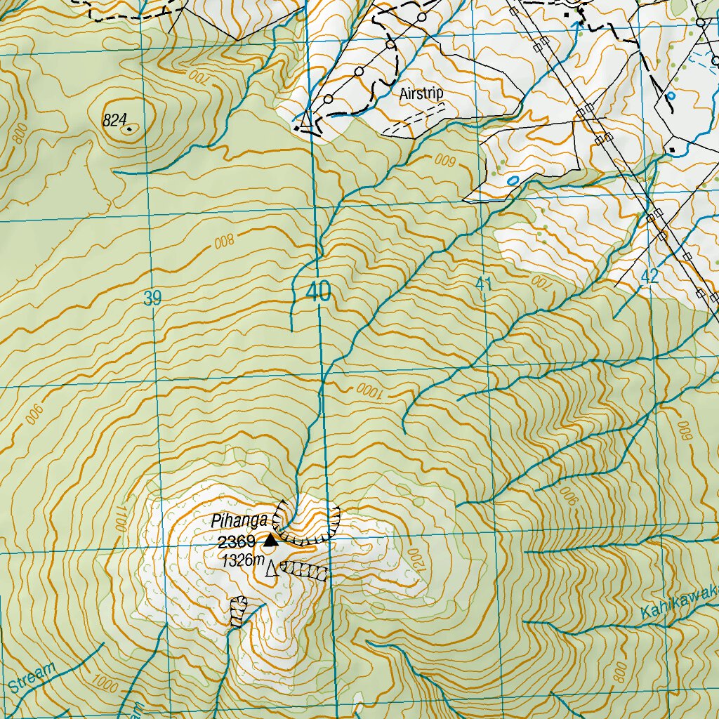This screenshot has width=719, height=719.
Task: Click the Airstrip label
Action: [421, 93]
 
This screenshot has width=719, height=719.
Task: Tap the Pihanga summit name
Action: [239, 521]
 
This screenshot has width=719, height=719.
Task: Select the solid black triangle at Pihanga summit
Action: [270, 540]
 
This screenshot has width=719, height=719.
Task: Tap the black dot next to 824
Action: [130, 128]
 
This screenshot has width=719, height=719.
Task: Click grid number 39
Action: [152, 298]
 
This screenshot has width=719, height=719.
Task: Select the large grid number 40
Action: [318, 292]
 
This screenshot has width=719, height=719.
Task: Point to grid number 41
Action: [483, 284]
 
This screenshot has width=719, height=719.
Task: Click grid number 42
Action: [649, 276]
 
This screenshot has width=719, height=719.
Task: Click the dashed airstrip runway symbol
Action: [415, 117]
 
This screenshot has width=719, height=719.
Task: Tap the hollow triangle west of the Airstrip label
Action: [305, 120]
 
